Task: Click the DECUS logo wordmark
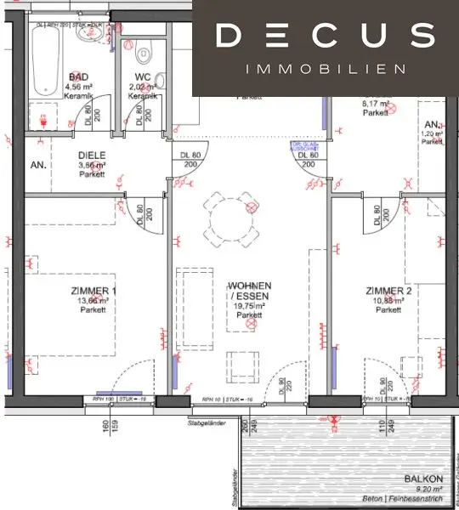[325, 36]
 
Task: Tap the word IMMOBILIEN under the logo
[325, 69]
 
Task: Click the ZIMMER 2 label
[389, 291]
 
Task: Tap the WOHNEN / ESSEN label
[249, 291]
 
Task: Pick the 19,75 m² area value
[249, 306]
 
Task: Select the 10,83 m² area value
[389, 301]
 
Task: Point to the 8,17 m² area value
[376, 103]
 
